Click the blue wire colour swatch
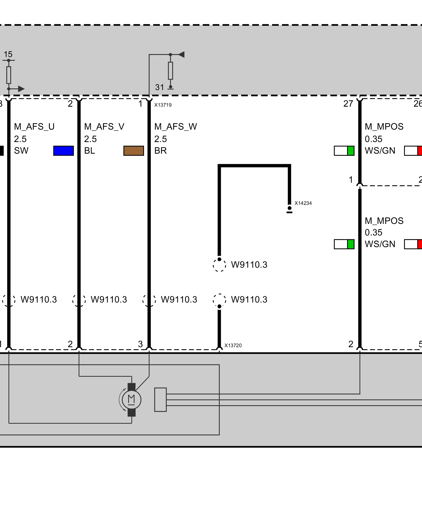click(x=63, y=151)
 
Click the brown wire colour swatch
click(x=134, y=151)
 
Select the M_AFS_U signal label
click(x=34, y=127)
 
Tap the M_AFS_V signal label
click(x=104, y=127)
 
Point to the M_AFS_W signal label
click(x=176, y=127)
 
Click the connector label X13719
click(x=163, y=105)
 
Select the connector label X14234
click(x=303, y=203)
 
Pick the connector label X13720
click(x=233, y=346)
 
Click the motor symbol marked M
click(x=131, y=400)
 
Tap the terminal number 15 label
click(x=8, y=55)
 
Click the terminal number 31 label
click(x=160, y=87)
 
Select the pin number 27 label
click(x=348, y=104)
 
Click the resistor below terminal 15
click(x=9, y=75)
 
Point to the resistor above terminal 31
click(x=171, y=71)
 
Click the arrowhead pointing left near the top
click(x=181, y=55)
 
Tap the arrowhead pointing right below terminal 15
click(x=21, y=89)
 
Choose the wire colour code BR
click(x=160, y=151)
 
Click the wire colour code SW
click(x=21, y=151)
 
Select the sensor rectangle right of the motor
click(x=160, y=400)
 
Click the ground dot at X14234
click(x=289, y=208)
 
